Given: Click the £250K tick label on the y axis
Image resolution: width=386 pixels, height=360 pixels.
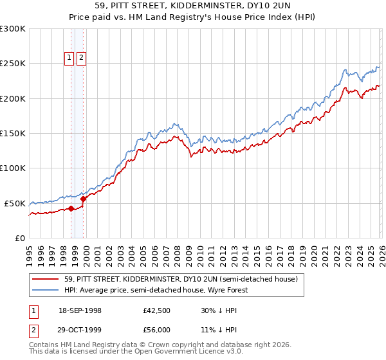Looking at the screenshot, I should [x=13, y=64].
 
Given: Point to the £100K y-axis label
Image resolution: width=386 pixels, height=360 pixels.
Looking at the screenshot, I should [x=13, y=168].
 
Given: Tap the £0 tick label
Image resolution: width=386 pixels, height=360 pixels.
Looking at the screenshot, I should [x=21, y=238].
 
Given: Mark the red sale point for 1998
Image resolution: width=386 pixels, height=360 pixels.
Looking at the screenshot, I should [x=71, y=208].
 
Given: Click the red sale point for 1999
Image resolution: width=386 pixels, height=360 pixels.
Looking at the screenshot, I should [x=83, y=199].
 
